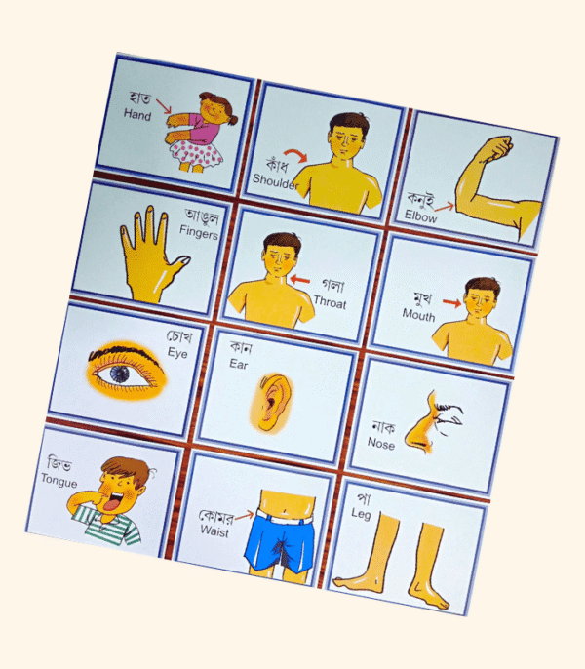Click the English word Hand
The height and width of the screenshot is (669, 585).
(138, 115)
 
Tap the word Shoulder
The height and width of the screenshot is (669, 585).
(276, 179)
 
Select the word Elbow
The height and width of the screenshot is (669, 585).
(420, 217)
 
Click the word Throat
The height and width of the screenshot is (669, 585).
(330, 302)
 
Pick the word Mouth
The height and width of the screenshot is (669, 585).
(418, 314)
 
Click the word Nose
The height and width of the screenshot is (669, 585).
(381, 443)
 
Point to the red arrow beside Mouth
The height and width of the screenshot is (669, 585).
(450, 302)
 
